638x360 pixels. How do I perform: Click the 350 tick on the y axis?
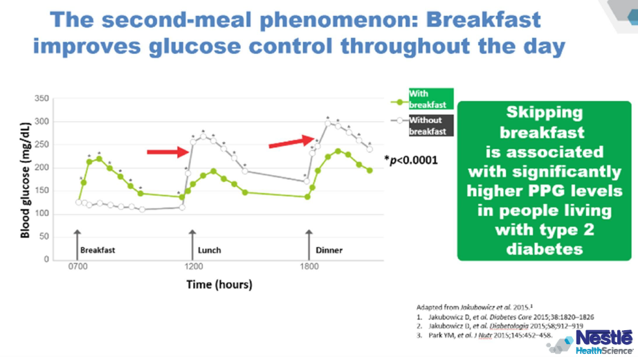coord(42,99)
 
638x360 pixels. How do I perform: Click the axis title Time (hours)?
coord(219,284)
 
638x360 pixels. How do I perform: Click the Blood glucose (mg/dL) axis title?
coord(26,178)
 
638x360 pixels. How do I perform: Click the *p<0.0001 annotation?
coord(411,161)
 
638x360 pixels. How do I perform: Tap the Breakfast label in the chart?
coord(97,250)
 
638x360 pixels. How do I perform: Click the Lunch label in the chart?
coord(209,250)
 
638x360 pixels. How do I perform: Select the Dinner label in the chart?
coord(329,250)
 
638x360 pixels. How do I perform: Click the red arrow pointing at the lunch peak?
coord(166,151)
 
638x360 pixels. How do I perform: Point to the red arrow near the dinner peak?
coord(291,141)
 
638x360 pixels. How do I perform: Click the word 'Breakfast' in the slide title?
coord(482,19)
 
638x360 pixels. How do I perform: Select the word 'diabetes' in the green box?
coord(544,249)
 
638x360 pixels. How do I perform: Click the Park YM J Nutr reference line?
coord(484,335)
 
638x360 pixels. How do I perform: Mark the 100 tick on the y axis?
coord(42,213)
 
